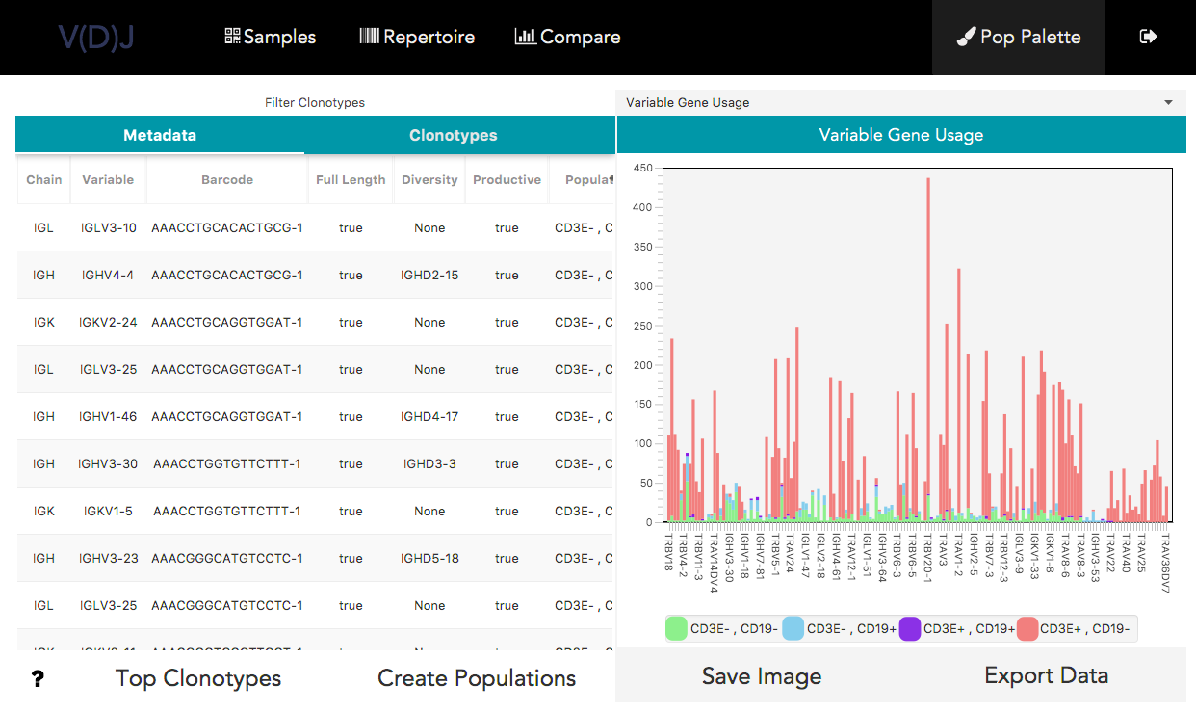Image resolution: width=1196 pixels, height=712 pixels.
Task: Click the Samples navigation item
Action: click(x=270, y=38)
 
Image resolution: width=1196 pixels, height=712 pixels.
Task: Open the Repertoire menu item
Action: click(x=417, y=38)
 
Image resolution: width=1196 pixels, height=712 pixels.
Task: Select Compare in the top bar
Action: click(x=567, y=38)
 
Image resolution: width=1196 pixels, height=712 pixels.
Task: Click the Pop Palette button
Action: click(x=1018, y=38)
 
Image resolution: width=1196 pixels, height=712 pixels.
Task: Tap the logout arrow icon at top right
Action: click(x=1148, y=37)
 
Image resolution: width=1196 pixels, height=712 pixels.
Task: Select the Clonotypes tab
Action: click(x=453, y=136)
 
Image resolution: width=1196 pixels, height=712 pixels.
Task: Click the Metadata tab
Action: click(x=160, y=136)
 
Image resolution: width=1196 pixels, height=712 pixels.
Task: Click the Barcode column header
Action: click(x=227, y=180)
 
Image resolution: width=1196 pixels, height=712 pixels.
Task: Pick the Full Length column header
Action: click(x=351, y=180)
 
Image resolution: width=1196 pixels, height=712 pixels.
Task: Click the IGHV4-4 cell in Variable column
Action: click(x=108, y=276)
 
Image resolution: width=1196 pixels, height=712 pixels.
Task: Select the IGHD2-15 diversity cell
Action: click(x=429, y=276)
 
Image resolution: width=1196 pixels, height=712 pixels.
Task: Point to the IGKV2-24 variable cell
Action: click(x=108, y=323)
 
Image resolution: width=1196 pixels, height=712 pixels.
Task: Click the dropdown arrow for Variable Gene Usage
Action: click(x=1168, y=103)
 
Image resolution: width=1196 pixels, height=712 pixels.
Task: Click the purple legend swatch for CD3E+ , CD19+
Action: click(x=910, y=629)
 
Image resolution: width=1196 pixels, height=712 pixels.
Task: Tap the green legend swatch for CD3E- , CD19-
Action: click(x=677, y=629)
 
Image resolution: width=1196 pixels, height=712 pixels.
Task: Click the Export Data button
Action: click(x=1046, y=675)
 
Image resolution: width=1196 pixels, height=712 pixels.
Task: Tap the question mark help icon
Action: click(x=38, y=679)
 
